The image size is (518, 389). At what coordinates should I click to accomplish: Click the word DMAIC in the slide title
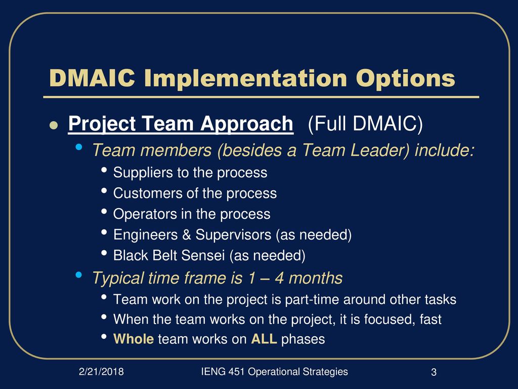coord(92,78)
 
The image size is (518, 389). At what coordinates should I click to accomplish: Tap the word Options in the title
coord(405,80)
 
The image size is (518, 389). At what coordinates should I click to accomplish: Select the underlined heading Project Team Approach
coord(181,125)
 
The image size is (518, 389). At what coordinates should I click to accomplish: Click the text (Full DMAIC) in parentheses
coord(365,124)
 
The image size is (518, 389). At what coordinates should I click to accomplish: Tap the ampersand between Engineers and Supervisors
coord(187,235)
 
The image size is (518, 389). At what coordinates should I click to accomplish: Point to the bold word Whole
coord(134,339)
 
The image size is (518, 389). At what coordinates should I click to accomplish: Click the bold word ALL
coord(264,339)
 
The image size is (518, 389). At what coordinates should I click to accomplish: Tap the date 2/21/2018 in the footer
coord(101,372)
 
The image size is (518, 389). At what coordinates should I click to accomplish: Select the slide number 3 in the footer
coord(434,372)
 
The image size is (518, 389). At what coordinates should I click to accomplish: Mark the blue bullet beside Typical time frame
coord(78,275)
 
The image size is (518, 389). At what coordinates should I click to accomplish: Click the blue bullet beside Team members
coord(78,147)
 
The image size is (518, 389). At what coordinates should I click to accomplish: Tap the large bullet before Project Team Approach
coord(54,126)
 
